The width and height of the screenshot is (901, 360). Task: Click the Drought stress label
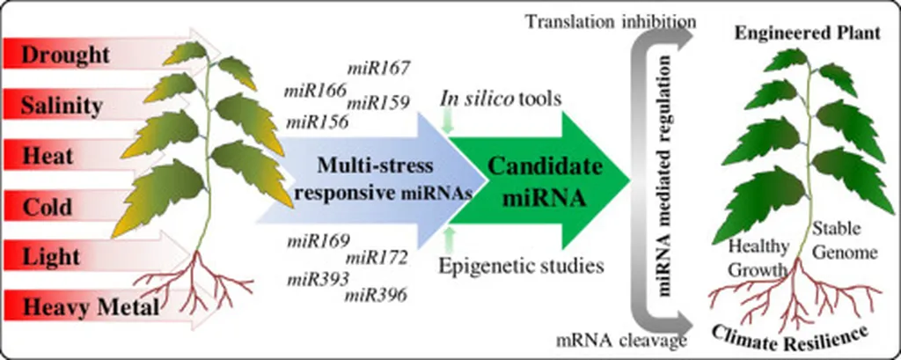coord(65,55)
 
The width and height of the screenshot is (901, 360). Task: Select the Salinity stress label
coord(62,106)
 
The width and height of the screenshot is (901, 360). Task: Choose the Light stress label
coord(50,257)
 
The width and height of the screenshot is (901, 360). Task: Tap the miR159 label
coord(377,104)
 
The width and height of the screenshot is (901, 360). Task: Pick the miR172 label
coord(376,257)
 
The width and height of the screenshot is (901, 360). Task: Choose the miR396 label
coord(376,295)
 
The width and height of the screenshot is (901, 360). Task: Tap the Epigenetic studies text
coord(521,265)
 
